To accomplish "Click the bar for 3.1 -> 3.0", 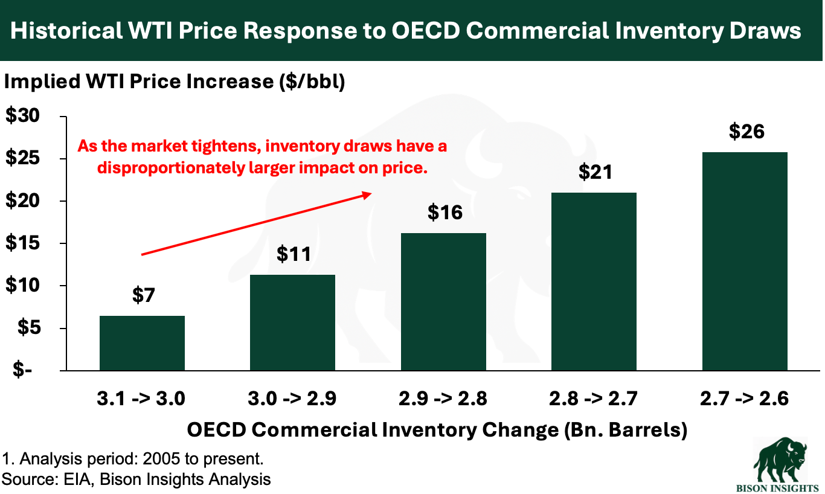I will [142, 343].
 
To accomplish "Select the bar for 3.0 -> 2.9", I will [293, 322].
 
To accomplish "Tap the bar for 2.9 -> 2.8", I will [444, 301].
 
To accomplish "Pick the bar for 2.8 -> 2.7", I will [594, 281].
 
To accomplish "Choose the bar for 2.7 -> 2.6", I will [745, 261].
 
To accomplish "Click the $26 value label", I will [745, 131].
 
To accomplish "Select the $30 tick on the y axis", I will [22, 117].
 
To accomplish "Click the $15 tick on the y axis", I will [22, 243].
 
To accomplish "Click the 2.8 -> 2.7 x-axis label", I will [594, 399].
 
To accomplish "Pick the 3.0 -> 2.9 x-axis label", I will [293, 399].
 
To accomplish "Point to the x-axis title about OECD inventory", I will [437, 430].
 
